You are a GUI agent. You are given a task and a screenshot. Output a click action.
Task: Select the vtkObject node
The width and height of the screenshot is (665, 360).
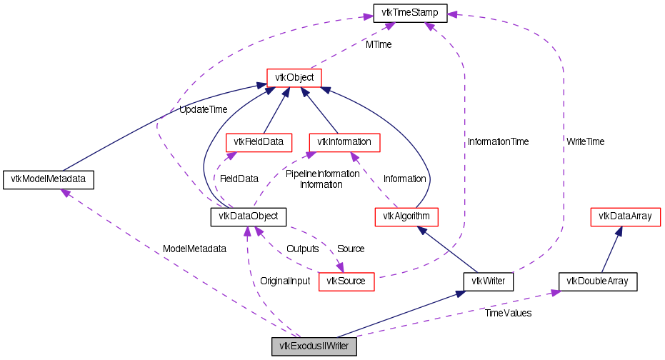pos(294,77)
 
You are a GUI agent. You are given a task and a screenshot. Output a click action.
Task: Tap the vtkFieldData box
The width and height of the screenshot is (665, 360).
pos(259,142)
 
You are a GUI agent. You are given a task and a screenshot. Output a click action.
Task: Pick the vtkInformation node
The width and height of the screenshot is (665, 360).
pos(344,142)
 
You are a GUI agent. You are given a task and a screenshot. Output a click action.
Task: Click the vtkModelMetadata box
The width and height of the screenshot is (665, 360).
pos(49,179)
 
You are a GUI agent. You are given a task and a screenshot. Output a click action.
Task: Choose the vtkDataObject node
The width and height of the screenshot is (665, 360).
pos(249,216)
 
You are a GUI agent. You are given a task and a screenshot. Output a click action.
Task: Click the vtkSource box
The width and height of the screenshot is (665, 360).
pos(346,281)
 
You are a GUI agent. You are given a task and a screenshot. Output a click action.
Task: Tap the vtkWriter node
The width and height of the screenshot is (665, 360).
pos(489,281)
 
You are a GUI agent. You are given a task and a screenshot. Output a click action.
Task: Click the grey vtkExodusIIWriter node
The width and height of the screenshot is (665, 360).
pos(314,346)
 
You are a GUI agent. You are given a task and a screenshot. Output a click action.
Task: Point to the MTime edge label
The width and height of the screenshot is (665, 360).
pos(379,44)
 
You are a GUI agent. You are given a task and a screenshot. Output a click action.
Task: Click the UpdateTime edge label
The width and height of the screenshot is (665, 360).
pos(203,110)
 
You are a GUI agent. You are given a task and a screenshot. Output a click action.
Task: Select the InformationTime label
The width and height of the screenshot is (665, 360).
pos(499,142)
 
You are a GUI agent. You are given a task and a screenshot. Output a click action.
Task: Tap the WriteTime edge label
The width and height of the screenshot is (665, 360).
pos(585,142)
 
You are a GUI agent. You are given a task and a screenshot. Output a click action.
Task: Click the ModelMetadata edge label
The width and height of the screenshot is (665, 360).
pos(194,249)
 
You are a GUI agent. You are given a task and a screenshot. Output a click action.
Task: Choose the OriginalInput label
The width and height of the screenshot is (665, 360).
pos(285,281)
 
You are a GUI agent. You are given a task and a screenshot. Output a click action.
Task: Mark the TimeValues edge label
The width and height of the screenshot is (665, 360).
pos(508,313)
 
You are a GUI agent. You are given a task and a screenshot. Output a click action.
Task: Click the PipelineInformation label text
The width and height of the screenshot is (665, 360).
pos(322,174)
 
